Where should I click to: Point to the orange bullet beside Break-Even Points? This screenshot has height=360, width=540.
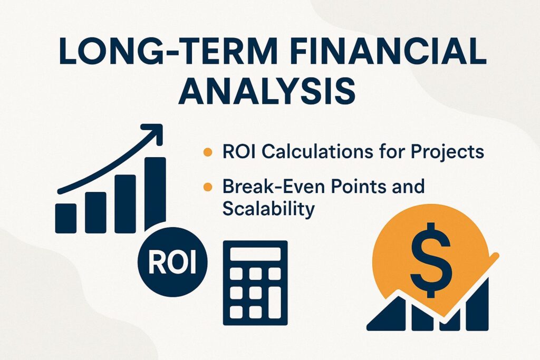pyautogui.click(x=208, y=187)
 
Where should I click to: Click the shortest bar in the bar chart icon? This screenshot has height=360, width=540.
pyautogui.click(x=65, y=218)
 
